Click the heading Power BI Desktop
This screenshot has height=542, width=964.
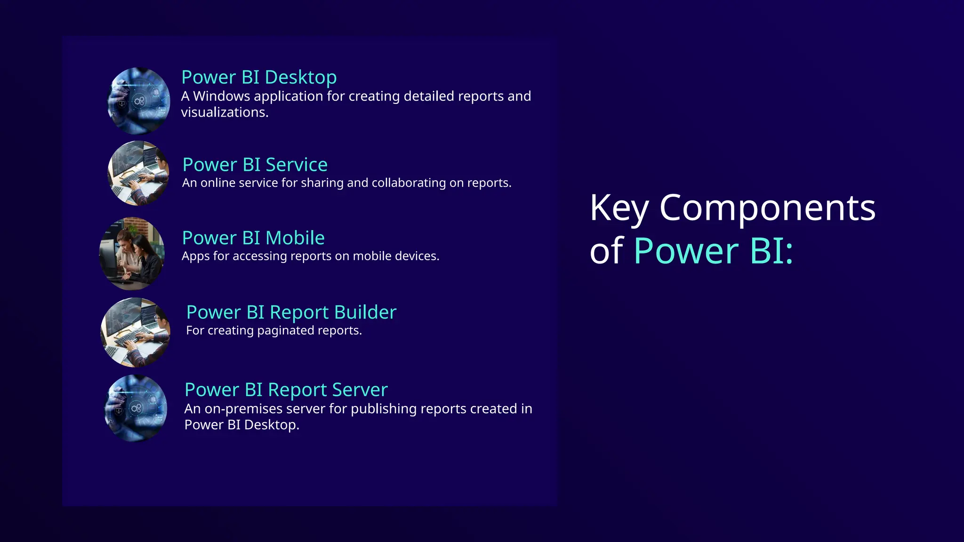[x=259, y=78]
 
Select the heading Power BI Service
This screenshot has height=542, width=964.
[x=255, y=165]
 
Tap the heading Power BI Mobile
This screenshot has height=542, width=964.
[x=253, y=239]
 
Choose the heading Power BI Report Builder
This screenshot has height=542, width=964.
[x=291, y=313]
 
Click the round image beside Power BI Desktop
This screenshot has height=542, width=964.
[x=139, y=101]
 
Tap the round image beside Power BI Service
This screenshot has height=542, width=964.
[x=138, y=173]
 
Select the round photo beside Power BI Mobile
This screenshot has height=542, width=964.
[x=132, y=253]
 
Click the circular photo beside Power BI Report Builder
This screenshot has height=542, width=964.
[x=136, y=332]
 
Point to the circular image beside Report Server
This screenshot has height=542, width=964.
[x=136, y=408]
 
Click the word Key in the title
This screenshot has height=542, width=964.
[x=619, y=208]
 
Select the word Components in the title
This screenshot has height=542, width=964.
[x=767, y=207]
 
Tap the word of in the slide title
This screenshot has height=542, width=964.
[x=607, y=251]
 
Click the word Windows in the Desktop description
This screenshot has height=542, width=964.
[x=221, y=96]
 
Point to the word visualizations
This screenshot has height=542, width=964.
[x=225, y=112]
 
